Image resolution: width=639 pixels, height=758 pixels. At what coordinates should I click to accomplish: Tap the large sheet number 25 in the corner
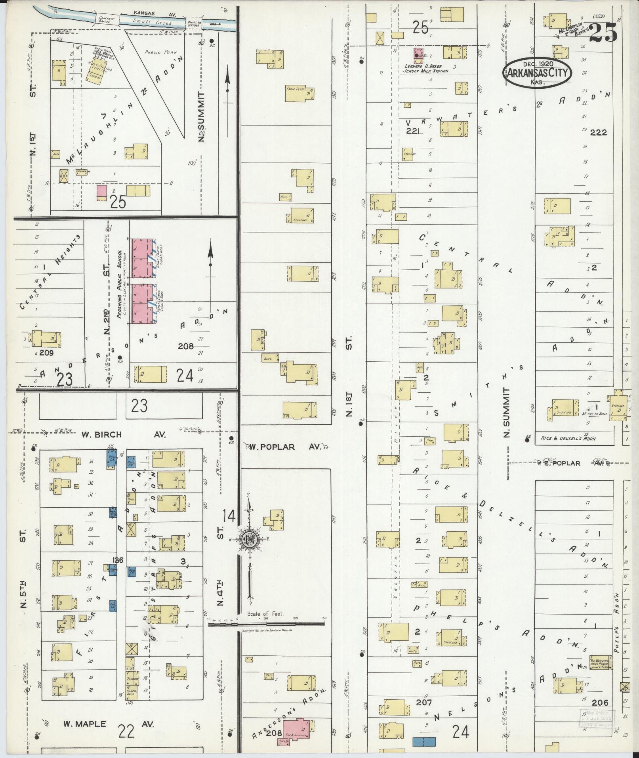coord(603,32)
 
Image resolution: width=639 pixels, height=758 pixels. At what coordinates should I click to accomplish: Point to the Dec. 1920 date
coord(538,63)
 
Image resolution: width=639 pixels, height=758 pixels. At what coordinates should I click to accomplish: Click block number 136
coord(118,560)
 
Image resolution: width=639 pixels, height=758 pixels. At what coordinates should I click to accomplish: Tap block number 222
coord(598,132)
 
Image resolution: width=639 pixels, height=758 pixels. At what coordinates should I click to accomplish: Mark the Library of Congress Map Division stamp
coord(596,719)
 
